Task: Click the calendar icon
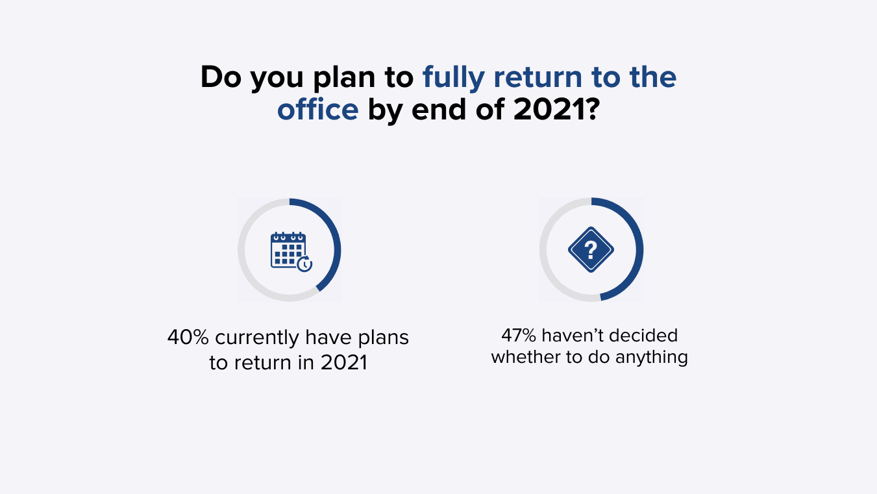point(291,251)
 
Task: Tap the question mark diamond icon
point(591,249)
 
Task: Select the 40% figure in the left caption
point(188,337)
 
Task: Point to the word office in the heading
point(318,109)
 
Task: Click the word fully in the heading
point(454,77)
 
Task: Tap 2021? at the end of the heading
point(556,109)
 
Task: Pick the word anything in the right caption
point(652,358)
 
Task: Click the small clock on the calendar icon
point(304,264)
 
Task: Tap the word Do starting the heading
point(221,77)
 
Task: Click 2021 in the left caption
point(344,362)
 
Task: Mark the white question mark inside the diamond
point(591,249)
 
